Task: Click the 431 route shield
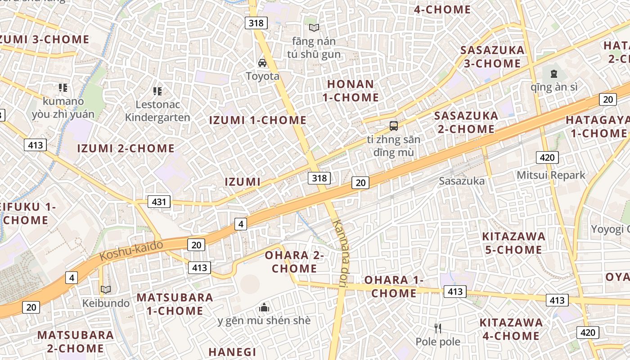[x=159, y=202]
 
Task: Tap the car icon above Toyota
[x=262, y=63]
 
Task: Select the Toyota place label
[x=262, y=76]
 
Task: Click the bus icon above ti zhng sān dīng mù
[x=394, y=126]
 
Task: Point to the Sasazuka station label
[x=462, y=181]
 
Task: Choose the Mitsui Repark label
[x=551, y=175]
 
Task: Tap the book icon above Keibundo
[x=106, y=290]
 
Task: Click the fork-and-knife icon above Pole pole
[x=438, y=328]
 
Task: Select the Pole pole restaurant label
[x=438, y=342]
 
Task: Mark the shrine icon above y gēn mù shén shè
[x=264, y=308]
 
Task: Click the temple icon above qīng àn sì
[x=554, y=74]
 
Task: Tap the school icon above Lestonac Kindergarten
[x=157, y=91]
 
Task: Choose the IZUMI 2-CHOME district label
[x=126, y=148]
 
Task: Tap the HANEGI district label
[x=232, y=352]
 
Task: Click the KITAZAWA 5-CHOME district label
[x=513, y=243]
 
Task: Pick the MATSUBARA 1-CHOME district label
[x=175, y=304]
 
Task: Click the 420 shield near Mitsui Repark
[x=547, y=157]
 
